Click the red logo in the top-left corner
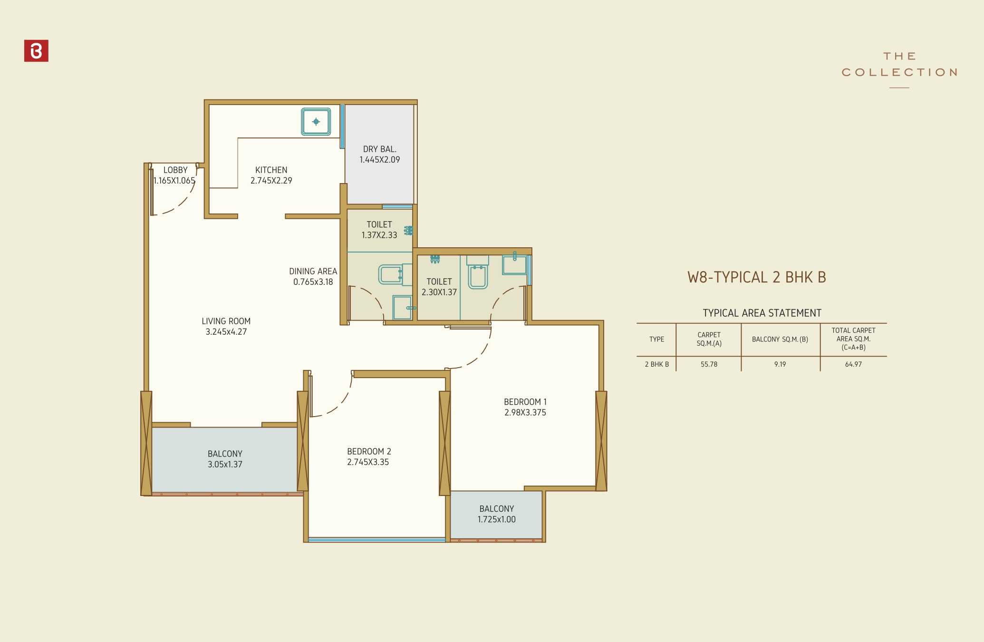[36, 51]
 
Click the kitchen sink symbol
[316, 122]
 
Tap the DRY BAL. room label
[379, 149]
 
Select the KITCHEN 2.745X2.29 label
[271, 175]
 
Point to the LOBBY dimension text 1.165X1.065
[174, 181]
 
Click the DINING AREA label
[313, 272]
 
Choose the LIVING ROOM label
[226, 321]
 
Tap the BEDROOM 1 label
[525, 402]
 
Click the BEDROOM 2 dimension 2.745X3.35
[368, 462]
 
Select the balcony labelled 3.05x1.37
[225, 459]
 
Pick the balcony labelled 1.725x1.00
[496, 514]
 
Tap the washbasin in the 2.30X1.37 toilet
[514, 265]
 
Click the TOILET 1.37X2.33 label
[379, 230]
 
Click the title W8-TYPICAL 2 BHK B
[756, 277]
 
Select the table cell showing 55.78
[709, 364]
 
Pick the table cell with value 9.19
[780, 364]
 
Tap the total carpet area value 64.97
[853, 364]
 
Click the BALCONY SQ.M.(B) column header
[780, 339]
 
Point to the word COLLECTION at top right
[899, 72]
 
